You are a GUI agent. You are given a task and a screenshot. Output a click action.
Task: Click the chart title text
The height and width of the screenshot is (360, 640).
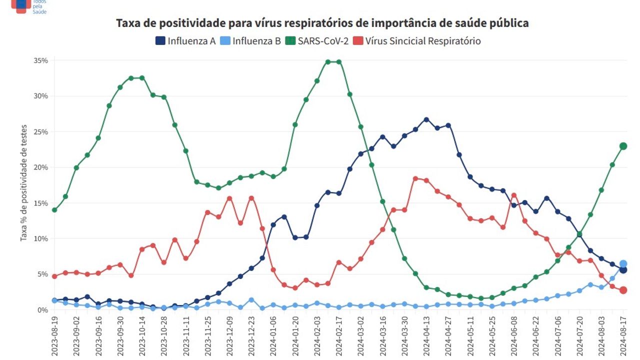click(x=322, y=23)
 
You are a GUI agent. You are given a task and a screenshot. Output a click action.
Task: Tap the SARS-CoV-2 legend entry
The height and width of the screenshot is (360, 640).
click(x=317, y=41)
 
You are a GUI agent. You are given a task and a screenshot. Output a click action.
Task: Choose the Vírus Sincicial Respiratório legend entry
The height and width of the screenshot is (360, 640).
click(x=417, y=41)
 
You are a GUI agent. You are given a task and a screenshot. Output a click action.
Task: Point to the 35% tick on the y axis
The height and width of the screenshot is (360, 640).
click(x=41, y=60)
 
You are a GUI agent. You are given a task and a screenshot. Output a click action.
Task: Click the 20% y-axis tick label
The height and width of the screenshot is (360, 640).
click(x=41, y=167)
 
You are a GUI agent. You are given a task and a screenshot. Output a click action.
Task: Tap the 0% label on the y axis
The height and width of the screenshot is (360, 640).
click(x=42, y=310)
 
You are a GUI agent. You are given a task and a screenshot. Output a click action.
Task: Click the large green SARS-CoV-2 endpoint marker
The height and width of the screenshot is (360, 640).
click(x=623, y=146)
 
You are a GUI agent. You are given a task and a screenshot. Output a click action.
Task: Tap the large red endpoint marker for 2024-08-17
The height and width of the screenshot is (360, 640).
click(x=623, y=290)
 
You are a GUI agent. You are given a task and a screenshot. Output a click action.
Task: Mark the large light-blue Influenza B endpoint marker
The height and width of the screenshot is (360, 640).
click(x=623, y=264)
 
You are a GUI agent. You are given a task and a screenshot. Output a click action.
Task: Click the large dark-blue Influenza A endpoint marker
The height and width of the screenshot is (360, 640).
click(x=623, y=270)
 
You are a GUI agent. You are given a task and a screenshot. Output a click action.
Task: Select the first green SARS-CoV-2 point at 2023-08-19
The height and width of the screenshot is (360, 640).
click(x=54, y=210)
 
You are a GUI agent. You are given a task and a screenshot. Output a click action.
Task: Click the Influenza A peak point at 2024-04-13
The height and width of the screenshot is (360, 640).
click(x=426, y=119)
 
